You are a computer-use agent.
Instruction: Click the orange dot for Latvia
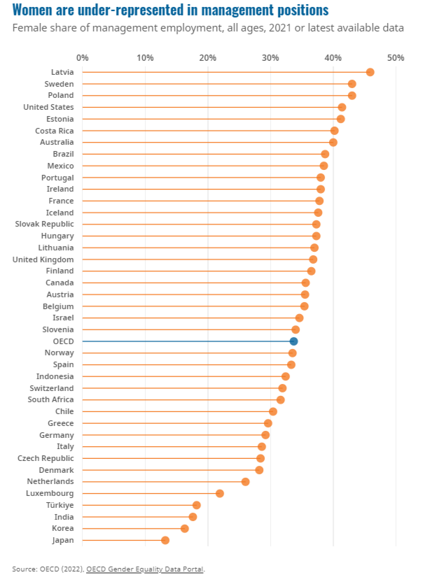[370, 72]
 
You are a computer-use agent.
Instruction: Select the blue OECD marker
[293, 341]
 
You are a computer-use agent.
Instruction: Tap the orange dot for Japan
[165, 540]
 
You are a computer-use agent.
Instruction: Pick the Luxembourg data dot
[220, 493]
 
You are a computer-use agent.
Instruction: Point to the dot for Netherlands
[245, 482]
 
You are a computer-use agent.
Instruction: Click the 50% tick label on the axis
[396, 57]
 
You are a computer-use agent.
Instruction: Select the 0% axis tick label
[83, 57]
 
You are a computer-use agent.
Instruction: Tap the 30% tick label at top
[270, 57]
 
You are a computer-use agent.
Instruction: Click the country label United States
[48, 107]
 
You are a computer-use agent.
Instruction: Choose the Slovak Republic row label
[44, 224]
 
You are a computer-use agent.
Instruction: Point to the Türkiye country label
[60, 505]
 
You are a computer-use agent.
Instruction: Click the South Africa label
[50, 399]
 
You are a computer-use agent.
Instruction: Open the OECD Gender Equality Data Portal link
[145, 569]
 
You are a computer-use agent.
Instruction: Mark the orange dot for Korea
[184, 528]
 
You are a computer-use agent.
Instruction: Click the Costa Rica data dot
[334, 131]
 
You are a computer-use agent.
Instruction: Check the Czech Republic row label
[46, 458]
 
